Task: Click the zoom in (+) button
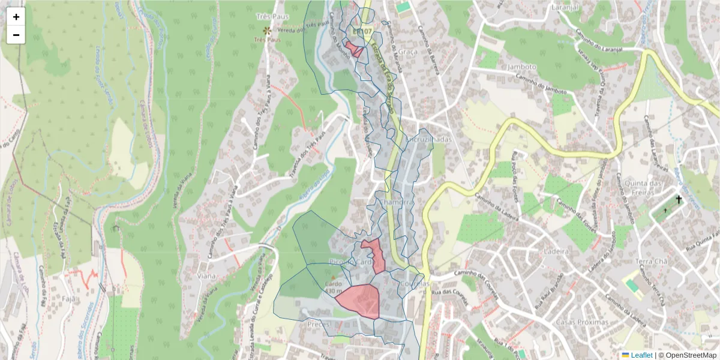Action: [x=16, y=17]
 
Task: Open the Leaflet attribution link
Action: [x=641, y=355]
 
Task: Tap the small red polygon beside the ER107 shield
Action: [x=354, y=49]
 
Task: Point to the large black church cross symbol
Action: [x=679, y=199]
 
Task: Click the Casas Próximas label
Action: [x=582, y=322]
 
